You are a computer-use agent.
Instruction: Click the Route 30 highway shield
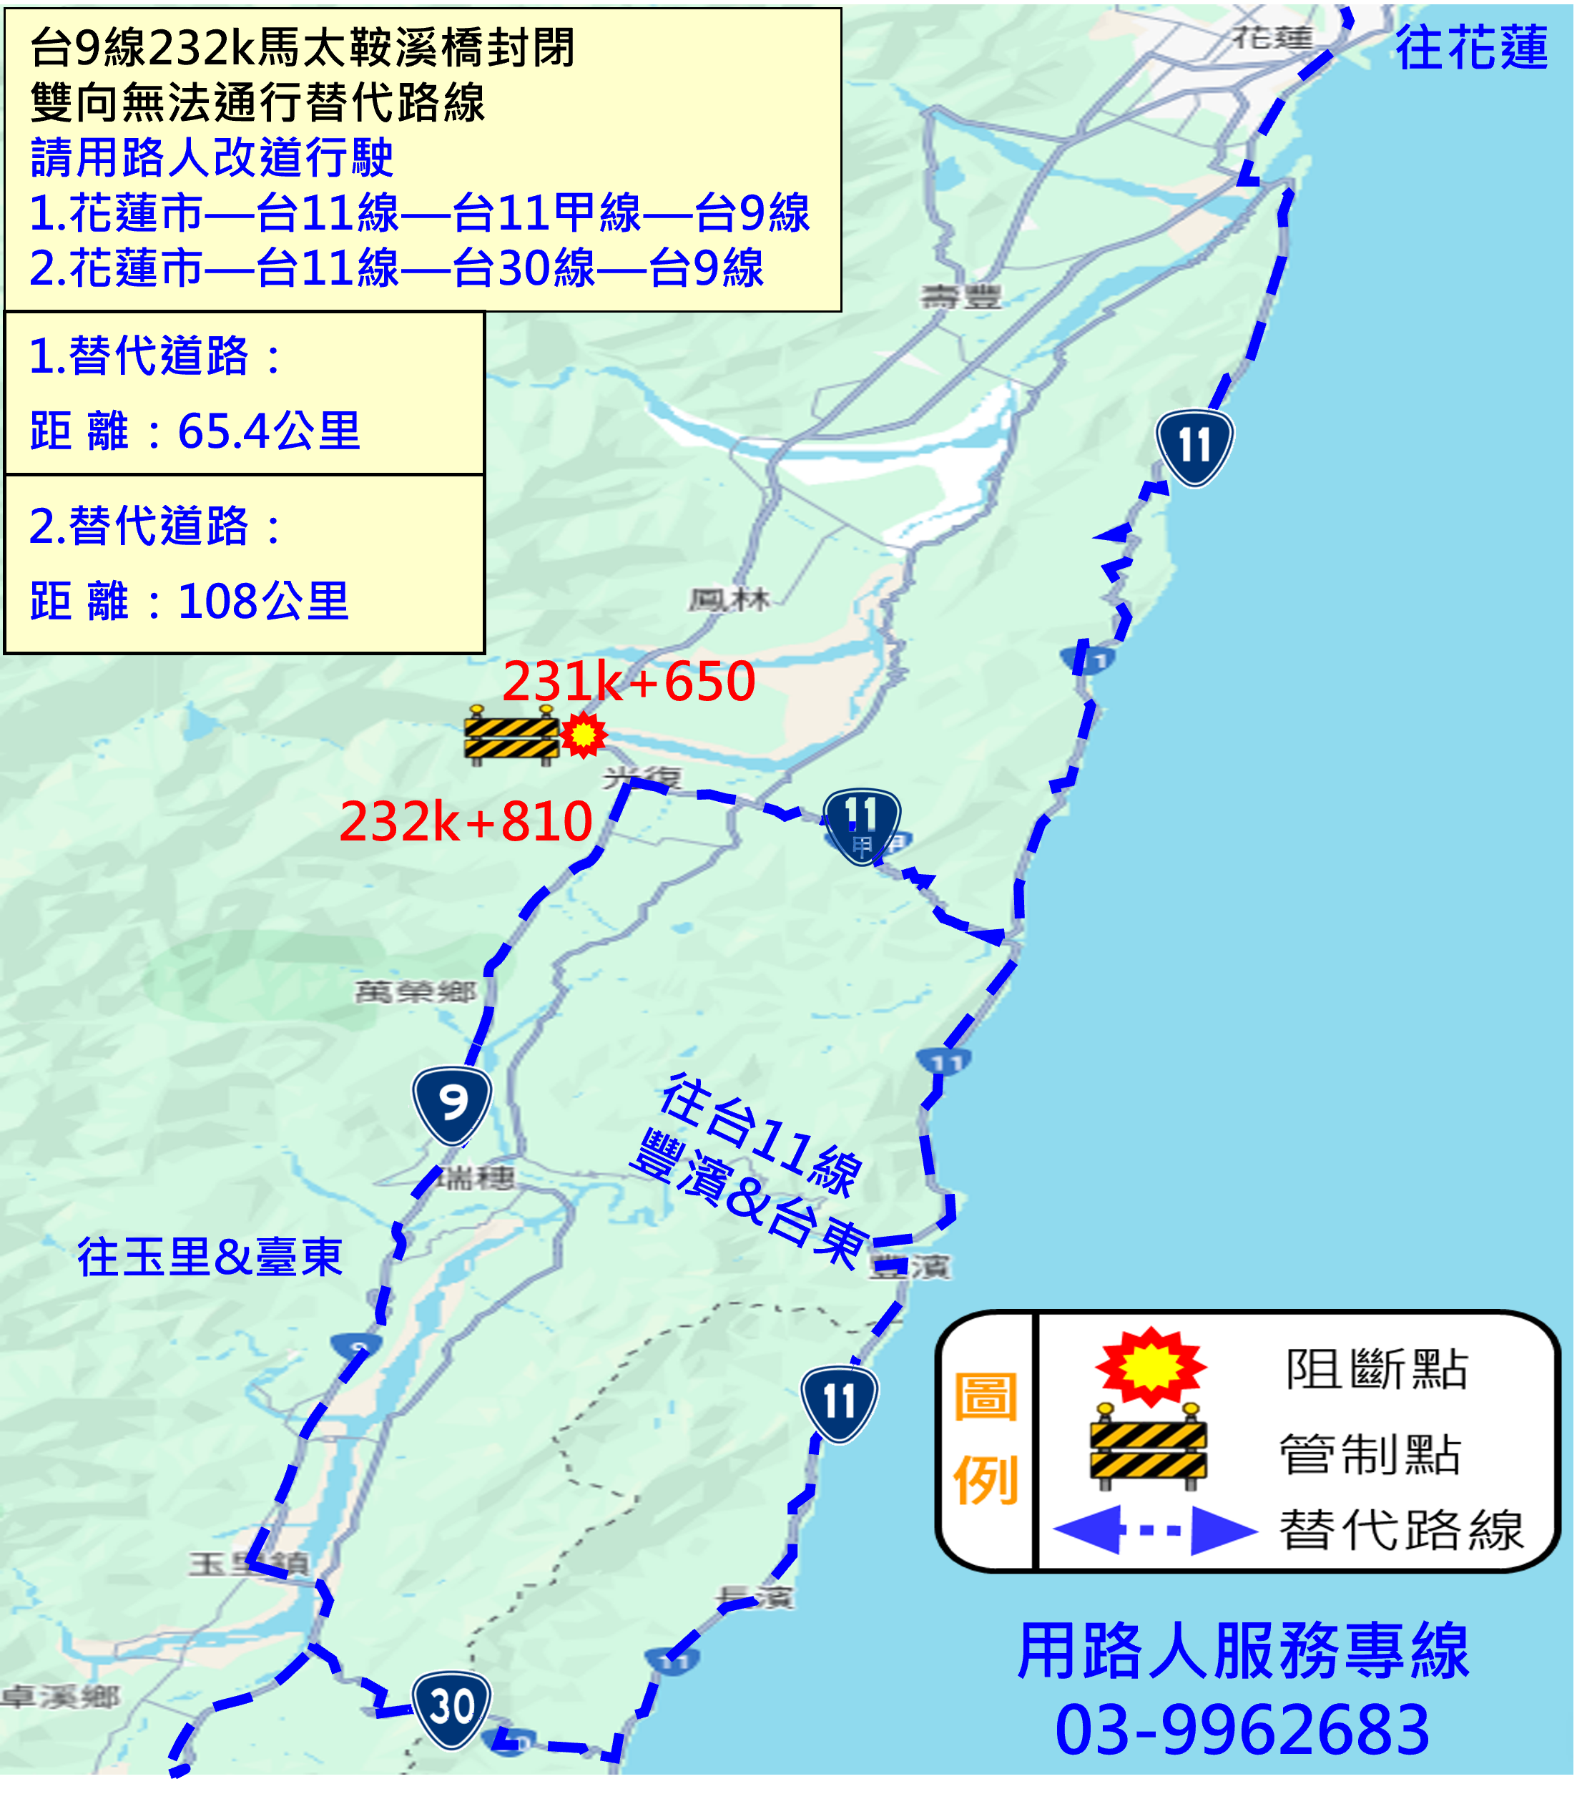tap(451, 1708)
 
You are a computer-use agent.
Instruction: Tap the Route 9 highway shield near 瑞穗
tap(452, 1105)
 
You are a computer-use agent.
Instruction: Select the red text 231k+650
tap(629, 682)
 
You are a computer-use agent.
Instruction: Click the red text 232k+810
tap(466, 821)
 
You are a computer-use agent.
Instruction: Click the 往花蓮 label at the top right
tap(1471, 48)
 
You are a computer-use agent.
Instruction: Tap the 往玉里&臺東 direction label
tap(210, 1258)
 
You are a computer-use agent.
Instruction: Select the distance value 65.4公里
tap(269, 432)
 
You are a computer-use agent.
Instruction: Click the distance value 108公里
tap(264, 602)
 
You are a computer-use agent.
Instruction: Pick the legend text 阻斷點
tap(1377, 1370)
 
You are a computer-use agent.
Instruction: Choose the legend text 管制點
tap(1370, 1455)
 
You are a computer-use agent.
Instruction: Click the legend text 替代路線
tap(1402, 1530)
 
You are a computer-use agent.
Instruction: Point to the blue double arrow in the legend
tap(1155, 1529)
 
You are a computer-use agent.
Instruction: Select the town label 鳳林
tap(729, 600)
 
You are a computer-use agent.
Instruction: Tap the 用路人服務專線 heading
tap(1243, 1652)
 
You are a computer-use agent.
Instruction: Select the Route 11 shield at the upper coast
tap(1194, 447)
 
